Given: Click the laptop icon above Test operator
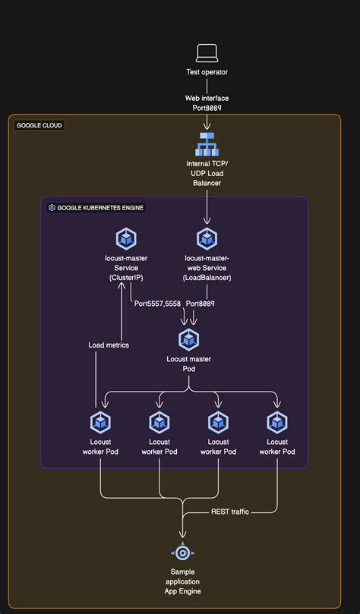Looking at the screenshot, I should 207,52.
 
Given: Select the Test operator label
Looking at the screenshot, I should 207,73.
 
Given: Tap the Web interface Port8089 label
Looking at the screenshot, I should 207,103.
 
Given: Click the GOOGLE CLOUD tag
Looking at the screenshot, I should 39,125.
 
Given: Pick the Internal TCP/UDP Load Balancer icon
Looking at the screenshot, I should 207,144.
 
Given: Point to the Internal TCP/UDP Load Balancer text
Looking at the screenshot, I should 207,173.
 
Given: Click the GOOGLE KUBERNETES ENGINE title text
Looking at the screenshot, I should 101,207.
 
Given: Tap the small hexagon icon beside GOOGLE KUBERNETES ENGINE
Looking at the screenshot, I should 52,207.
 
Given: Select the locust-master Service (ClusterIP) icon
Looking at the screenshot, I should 125,238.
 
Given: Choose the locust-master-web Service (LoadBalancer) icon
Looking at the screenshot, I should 207,238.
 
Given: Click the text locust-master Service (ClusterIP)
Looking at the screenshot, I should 125,267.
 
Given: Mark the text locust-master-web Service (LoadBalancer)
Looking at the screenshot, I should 207,267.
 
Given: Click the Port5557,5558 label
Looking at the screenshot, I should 157,303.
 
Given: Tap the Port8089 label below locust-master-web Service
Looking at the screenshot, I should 200,303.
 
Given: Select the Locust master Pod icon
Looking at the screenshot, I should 188,339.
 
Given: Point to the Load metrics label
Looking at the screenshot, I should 109,345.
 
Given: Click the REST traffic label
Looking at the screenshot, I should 229,512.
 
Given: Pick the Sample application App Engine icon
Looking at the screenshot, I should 182,552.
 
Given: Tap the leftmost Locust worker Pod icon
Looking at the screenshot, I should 100,422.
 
